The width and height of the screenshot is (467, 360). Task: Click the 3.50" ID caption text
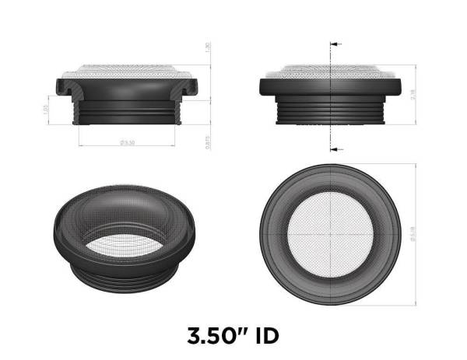[233, 336]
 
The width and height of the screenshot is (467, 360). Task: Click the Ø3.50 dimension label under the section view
[126, 143]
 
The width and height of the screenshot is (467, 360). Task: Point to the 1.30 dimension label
[208, 47]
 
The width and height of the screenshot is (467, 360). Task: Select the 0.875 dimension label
[208, 142]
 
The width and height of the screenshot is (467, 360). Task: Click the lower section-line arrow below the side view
[335, 148]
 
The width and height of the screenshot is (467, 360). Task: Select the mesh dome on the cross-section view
[127, 69]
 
